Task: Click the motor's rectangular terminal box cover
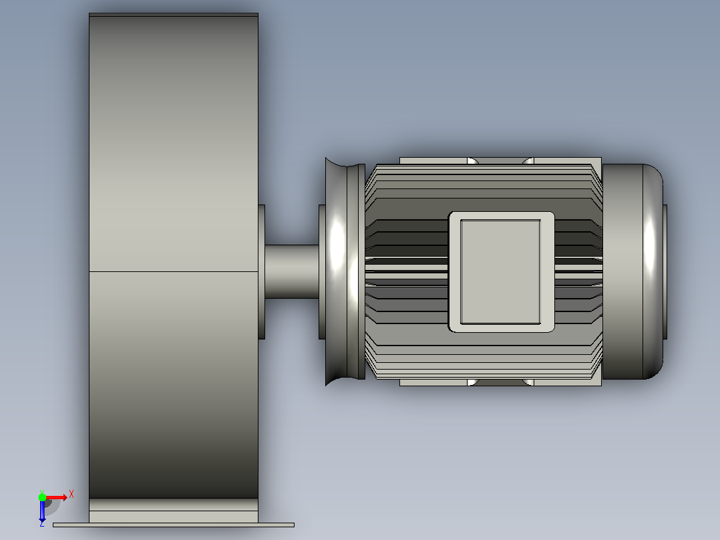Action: click(x=501, y=272)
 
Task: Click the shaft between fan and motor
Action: click(x=292, y=271)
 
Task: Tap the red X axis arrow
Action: click(x=57, y=498)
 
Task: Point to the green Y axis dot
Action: click(x=42, y=497)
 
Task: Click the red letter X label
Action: click(x=71, y=495)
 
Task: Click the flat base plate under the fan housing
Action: click(x=174, y=525)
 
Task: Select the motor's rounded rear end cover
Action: click(x=633, y=271)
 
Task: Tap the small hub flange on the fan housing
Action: click(x=262, y=271)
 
